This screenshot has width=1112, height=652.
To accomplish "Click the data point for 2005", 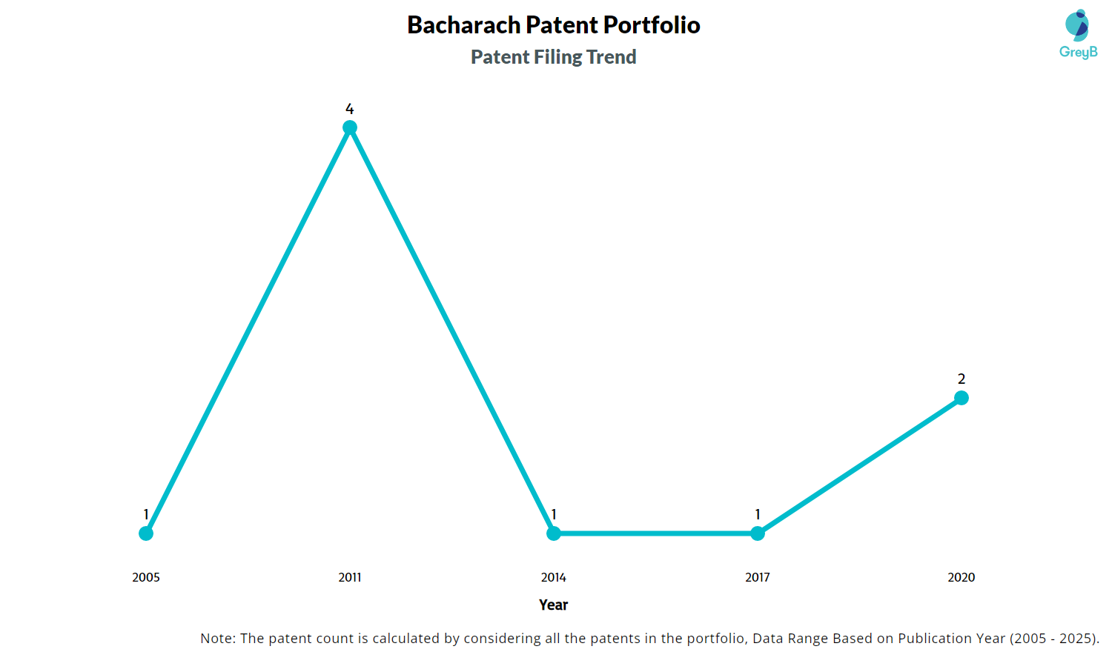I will click(146, 533).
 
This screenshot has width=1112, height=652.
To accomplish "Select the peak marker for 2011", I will click(350, 127).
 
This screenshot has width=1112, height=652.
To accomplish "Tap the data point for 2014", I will click(554, 533).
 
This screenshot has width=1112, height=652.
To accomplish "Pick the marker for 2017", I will click(758, 533).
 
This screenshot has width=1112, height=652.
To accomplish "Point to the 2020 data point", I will click(962, 398).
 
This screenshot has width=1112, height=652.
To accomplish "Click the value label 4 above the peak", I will click(350, 109).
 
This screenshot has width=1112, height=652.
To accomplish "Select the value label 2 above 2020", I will click(962, 379).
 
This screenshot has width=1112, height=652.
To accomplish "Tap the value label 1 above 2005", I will click(146, 514).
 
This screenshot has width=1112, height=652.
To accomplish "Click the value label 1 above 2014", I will click(554, 514).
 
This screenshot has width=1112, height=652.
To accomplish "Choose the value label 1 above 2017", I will click(758, 514).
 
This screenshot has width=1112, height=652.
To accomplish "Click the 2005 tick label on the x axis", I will click(146, 577).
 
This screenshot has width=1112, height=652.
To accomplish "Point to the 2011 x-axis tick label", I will click(350, 577).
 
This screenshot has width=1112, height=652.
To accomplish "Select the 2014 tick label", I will click(554, 577).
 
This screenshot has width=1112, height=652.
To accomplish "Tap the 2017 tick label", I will click(758, 577).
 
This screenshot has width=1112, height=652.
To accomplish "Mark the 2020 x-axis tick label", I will click(962, 577).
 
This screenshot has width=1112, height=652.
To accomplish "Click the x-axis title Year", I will click(554, 605).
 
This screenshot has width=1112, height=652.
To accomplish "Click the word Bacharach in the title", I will click(463, 25).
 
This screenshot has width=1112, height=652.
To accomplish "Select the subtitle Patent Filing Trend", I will click(554, 57).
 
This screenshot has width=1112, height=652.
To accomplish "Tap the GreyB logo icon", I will click(1077, 26).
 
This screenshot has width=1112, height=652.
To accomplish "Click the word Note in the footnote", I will click(216, 638).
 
